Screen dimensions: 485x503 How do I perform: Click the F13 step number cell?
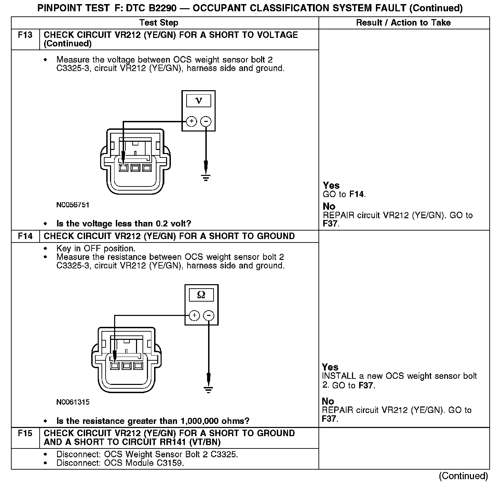point(25,35)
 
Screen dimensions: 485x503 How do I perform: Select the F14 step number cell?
point(25,236)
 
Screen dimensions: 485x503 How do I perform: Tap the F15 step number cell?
point(25,433)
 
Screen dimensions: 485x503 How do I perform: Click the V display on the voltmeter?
point(199,101)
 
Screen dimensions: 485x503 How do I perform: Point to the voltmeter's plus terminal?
point(191,121)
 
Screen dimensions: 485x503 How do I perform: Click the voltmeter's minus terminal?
point(206,121)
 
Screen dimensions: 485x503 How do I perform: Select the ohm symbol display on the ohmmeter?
point(201,295)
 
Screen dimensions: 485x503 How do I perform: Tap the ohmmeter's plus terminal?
point(194,315)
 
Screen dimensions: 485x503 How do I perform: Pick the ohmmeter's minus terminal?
point(209,315)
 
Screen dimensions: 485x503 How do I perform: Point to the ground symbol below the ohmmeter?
point(208,389)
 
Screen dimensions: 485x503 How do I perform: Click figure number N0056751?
point(73,205)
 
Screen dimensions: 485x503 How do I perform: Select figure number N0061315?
point(73,402)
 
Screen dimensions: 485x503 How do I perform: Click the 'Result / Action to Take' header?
point(403,23)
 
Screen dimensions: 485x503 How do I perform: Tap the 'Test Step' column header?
point(159,23)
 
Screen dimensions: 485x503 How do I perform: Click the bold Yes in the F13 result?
point(331,185)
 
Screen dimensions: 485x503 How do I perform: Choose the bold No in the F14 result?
point(328,401)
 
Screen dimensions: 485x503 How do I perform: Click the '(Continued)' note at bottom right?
point(463,476)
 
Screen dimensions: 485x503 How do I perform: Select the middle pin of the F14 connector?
point(126,366)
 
